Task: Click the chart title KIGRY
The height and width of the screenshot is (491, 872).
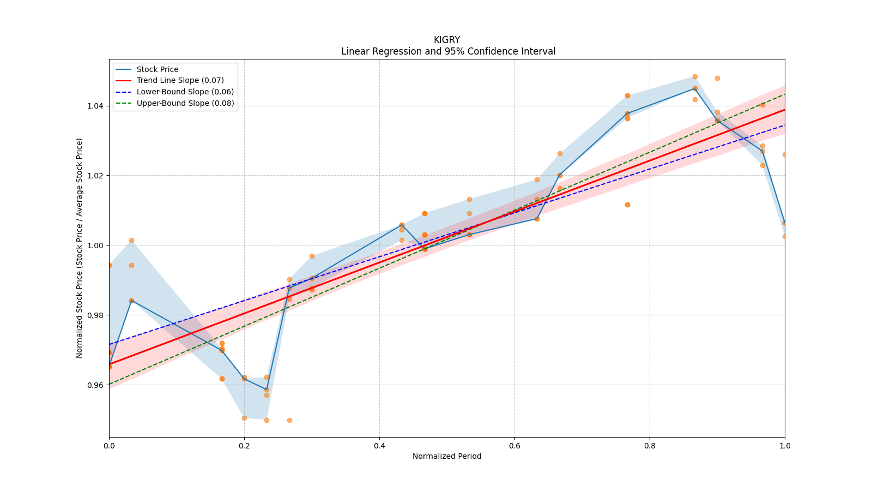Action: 447,40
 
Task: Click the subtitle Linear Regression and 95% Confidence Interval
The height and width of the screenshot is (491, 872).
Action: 448,51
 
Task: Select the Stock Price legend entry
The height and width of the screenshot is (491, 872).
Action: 158,69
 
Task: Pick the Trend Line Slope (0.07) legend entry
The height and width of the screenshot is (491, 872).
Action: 180,81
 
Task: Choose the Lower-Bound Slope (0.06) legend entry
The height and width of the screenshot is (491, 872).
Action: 185,92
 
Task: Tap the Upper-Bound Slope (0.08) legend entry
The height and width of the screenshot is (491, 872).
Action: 185,103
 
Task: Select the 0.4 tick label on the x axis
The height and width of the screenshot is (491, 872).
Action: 379,446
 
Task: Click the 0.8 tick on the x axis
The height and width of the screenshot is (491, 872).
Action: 650,446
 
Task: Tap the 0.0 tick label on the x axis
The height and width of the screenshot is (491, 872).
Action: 109,446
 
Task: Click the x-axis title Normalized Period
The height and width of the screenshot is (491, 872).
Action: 447,456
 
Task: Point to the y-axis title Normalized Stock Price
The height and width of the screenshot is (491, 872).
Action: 80,248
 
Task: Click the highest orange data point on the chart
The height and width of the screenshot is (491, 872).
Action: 695,77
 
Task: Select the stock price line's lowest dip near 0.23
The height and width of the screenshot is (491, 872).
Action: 267,390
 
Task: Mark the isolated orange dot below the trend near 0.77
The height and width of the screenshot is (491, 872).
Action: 627,205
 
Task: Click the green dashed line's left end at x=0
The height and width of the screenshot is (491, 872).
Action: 110,384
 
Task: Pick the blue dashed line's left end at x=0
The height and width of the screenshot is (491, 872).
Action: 110,344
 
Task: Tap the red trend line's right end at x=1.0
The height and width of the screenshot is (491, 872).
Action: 784,110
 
